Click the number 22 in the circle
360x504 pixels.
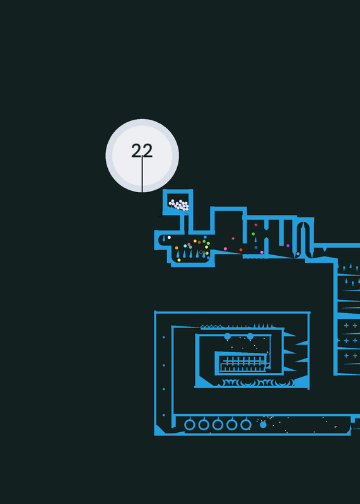pos(142,151)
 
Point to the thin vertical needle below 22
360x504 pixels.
pos(142,174)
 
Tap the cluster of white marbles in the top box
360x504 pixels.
pos(178,205)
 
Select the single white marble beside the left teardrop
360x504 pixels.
pos(169,238)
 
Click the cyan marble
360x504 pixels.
pos(185,246)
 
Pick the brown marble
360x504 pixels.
pos(199,242)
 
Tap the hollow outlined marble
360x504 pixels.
pos(201,253)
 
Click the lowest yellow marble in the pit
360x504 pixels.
pos(179,260)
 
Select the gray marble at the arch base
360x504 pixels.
pos(298,254)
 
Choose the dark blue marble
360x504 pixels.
pos(256,248)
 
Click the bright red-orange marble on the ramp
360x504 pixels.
pos(241,249)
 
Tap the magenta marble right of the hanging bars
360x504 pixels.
pos(288,246)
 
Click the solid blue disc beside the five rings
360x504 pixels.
pos(263,425)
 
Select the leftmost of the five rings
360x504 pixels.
pos(190,424)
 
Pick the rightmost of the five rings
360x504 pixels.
pos(246,424)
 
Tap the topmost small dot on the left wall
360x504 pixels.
pos(164,337)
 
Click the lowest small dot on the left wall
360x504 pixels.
pos(164,415)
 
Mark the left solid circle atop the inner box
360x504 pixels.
pos(228,336)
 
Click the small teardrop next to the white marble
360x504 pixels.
pos(164,239)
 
